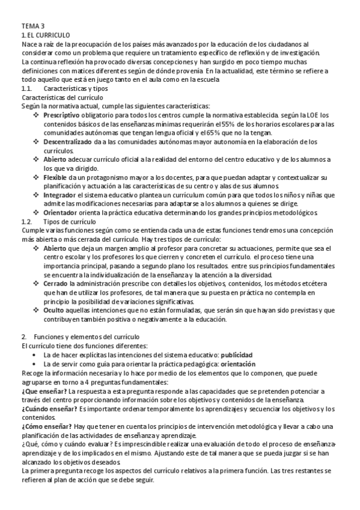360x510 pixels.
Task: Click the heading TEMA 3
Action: [32, 26]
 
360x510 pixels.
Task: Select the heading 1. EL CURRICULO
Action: [46, 35]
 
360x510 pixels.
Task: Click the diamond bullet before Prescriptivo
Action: [36, 115]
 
